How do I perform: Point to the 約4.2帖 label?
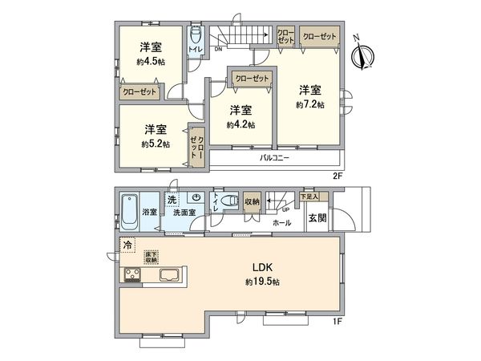pyautogui.click(x=240, y=125)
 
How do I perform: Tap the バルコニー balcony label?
pyautogui.click(x=274, y=158)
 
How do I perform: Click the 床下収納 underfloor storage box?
pyautogui.click(x=152, y=258)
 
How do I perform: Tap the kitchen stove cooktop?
pyautogui.click(x=132, y=276)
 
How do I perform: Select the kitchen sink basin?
pyautogui.click(x=171, y=276)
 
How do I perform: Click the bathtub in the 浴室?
pyautogui.click(x=130, y=211)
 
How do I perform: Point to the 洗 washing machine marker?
pyautogui.click(x=172, y=198)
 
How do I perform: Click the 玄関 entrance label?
pyautogui.click(x=316, y=218)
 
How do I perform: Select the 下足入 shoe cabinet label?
pyautogui.click(x=309, y=196)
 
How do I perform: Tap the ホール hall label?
pyautogui.click(x=281, y=222)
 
